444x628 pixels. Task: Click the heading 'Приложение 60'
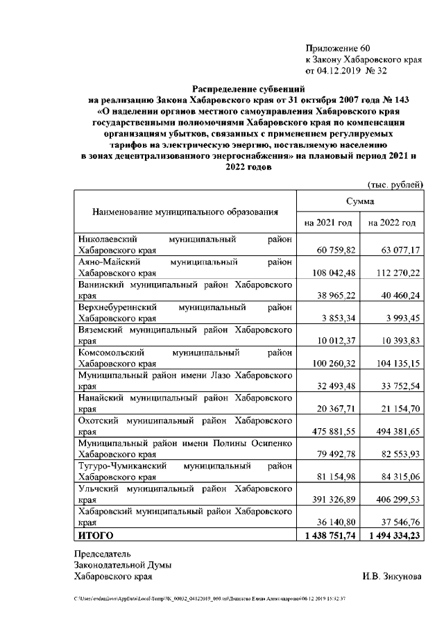pyautogui.click(x=338, y=48)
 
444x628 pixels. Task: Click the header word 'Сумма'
pyautogui.click(x=360, y=201)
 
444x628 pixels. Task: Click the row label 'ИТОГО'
pyautogui.click(x=96, y=536)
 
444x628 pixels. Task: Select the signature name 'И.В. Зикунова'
pyautogui.click(x=391, y=577)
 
